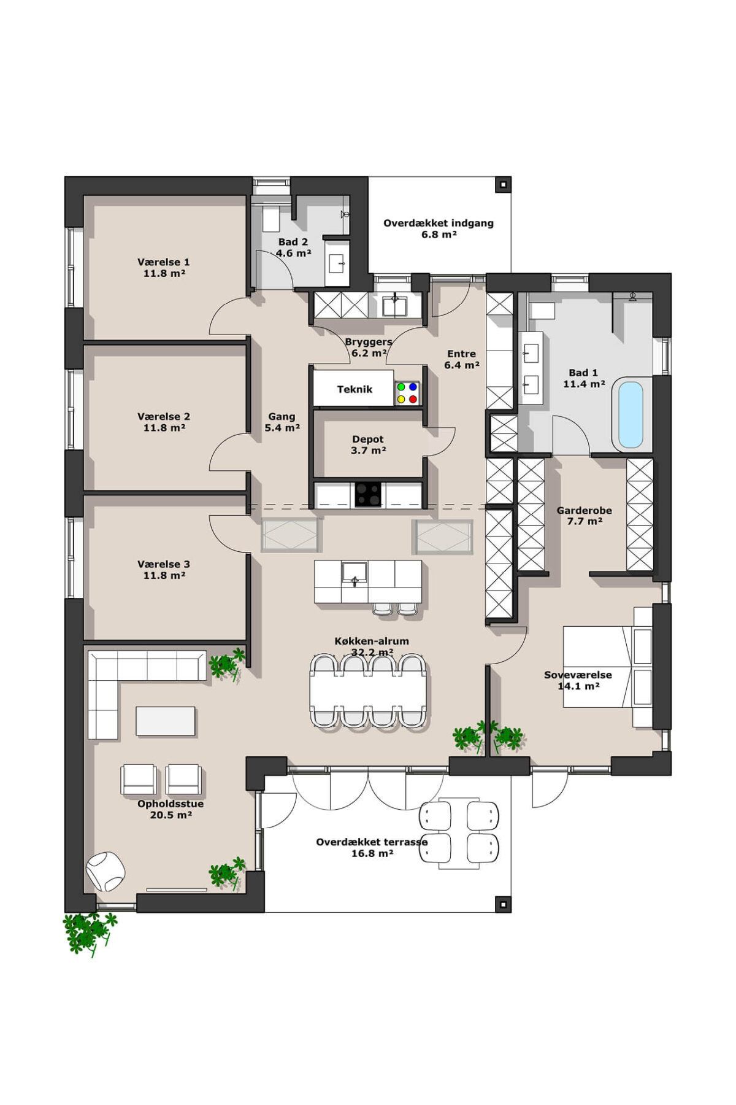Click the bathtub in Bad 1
click(x=631, y=415)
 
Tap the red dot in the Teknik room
click(x=413, y=399)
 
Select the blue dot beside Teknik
click(x=413, y=387)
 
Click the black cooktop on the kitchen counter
click(x=368, y=495)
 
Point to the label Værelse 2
click(x=164, y=416)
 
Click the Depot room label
click(x=368, y=439)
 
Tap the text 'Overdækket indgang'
click(x=439, y=223)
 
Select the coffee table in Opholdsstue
click(x=166, y=721)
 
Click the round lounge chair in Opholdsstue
click(x=105, y=871)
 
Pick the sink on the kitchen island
click(x=355, y=572)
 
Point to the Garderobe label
click(x=584, y=510)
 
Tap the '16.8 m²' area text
click(x=372, y=853)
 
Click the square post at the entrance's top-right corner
click(x=503, y=184)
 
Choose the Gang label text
click(x=282, y=416)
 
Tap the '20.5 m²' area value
click(x=171, y=815)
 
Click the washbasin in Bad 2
click(x=337, y=263)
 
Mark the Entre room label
click(x=461, y=354)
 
